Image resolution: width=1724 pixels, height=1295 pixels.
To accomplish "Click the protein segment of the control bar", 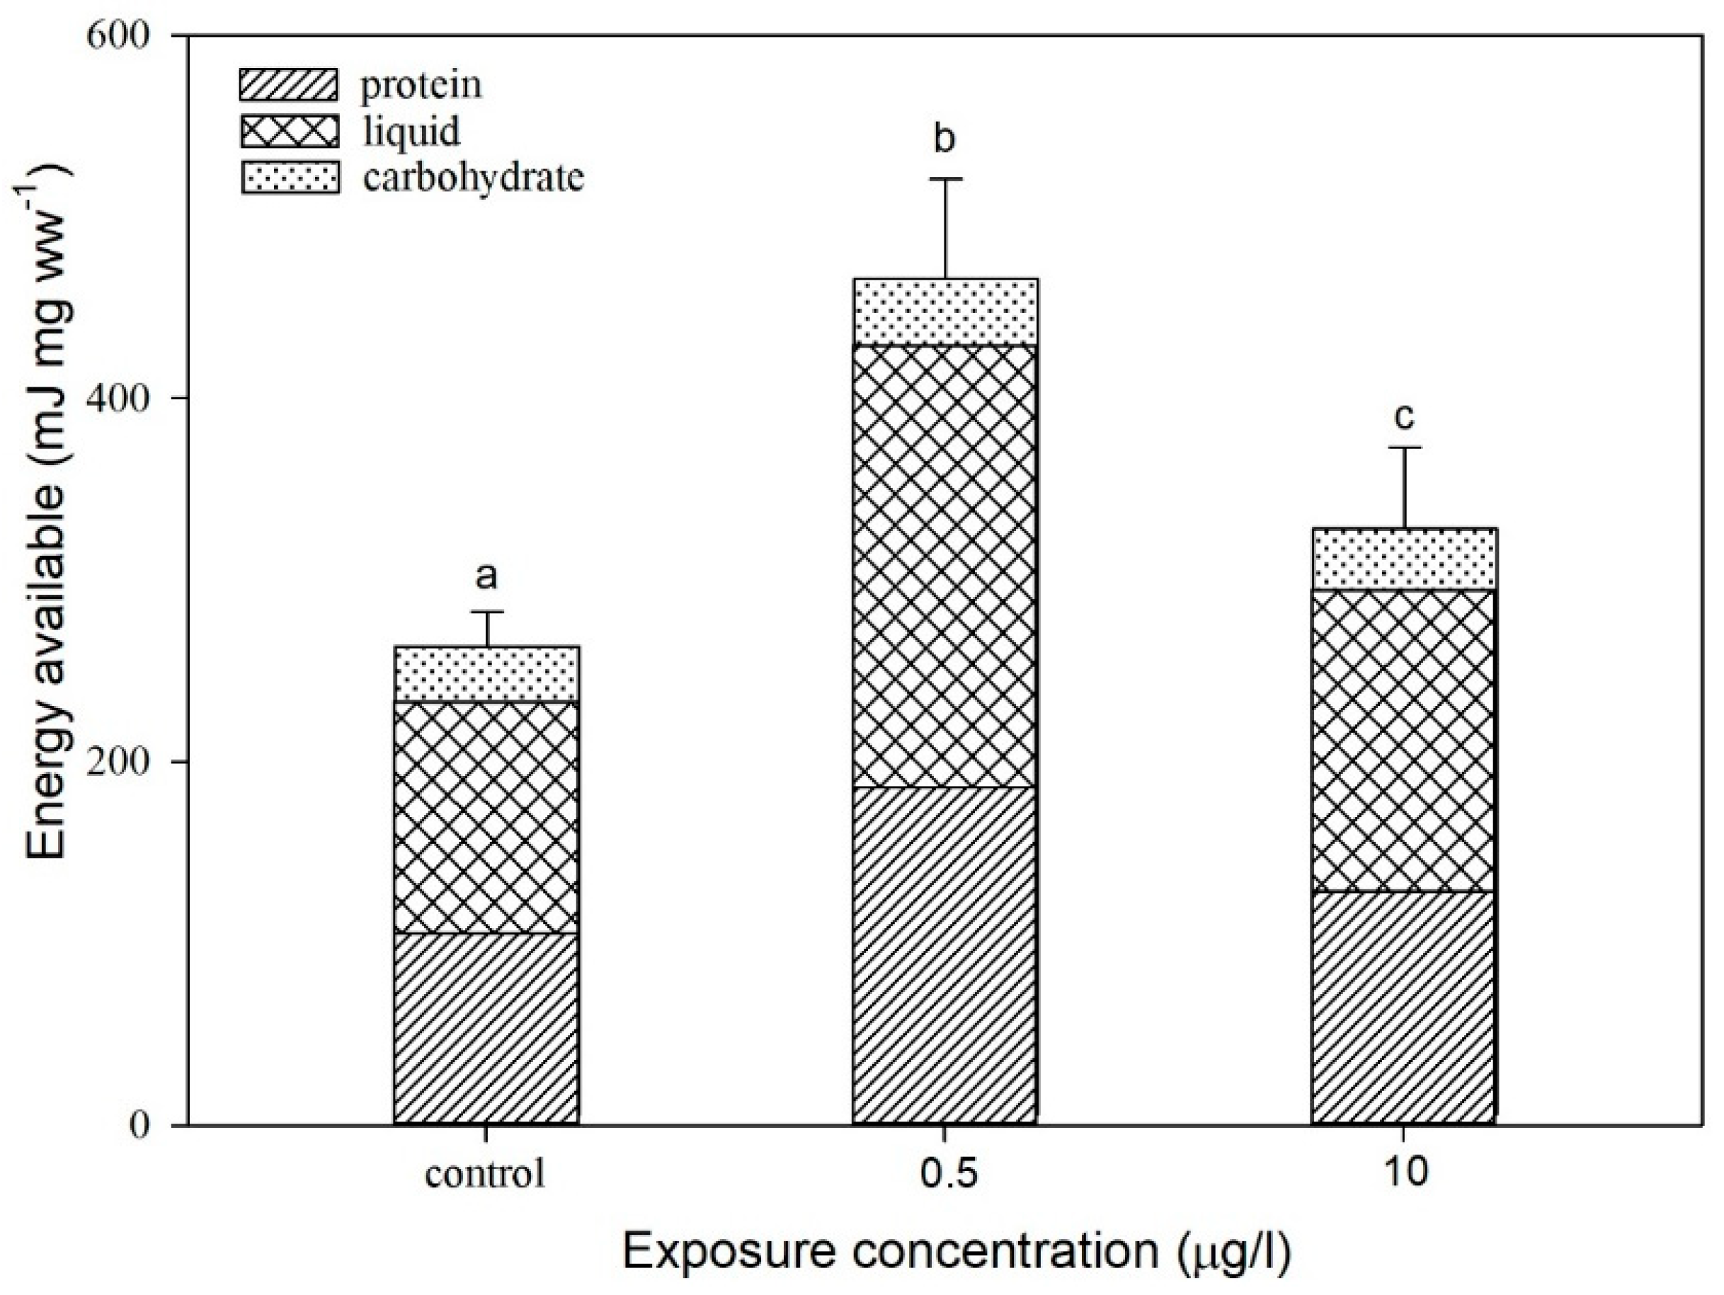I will [486, 1027].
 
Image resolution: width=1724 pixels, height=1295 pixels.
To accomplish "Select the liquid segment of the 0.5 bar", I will [944, 565].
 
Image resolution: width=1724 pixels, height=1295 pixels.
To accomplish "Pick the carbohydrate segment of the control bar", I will [486, 674].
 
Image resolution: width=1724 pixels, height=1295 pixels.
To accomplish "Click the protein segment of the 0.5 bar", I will [944, 955].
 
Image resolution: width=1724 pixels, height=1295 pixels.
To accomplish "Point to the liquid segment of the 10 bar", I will [1404, 741].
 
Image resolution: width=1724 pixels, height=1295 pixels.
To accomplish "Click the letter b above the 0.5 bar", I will [944, 140].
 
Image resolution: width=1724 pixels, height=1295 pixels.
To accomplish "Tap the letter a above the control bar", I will [486, 578].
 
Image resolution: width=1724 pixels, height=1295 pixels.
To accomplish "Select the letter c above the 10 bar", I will [1404, 418].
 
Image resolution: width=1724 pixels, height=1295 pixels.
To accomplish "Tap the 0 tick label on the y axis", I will [139, 1125].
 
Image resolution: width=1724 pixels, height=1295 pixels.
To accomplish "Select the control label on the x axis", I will [485, 1173].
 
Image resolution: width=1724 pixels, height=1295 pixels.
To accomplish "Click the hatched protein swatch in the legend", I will [289, 85].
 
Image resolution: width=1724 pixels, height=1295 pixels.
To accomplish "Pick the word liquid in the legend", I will [411, 131].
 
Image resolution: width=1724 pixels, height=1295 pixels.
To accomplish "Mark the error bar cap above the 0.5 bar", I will [944, 179].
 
